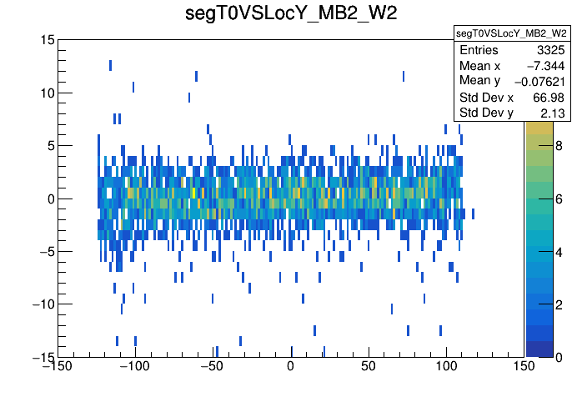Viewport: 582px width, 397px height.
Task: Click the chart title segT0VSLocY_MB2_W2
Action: pyautogui.click(x=290, y=14)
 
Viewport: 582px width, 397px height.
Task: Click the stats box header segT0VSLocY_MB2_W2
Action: pyautogui.click(x=511, y=33)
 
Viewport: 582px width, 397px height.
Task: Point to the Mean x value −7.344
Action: pyautogui.click(x=544, y=66)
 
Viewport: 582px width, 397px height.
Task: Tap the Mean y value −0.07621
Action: pyautogui.click(x=539, y=81)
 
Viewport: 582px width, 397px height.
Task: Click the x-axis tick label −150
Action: pyautogui.click(x=58, y=367)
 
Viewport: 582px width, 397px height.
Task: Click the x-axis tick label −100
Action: pyautogui.click(x=134, y=367)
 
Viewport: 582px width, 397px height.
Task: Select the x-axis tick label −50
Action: pyautogui.click(x=213, y=367)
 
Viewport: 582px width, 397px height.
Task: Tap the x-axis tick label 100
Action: pyautogui.click(x=446, y=367)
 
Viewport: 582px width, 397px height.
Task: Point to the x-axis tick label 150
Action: pyautogui.click(x=524, y=367)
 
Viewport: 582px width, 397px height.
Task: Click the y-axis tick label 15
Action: pyautogui.click(x=47, y=40)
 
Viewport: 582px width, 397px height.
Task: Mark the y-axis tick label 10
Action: pyautogui.click(x=47, y=93)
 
